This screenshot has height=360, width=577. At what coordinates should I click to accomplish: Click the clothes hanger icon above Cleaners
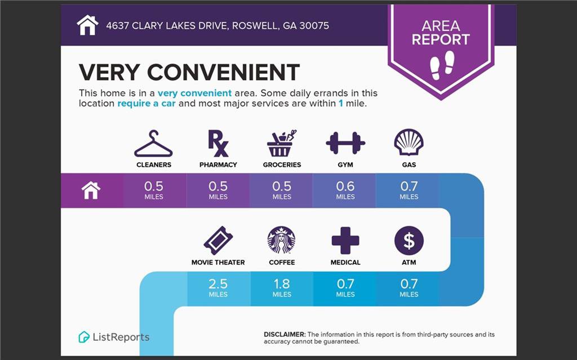[x=153, y=147]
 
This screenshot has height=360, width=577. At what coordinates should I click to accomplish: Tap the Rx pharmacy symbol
[x=218, y=143]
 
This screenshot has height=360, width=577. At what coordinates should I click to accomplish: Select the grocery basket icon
[x=282, y=143]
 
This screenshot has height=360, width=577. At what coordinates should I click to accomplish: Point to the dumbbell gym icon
[x=345, y=143]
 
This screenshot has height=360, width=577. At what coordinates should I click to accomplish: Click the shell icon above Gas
[x=409, y=143]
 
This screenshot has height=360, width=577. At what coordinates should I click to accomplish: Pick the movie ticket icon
[x=218, y=241]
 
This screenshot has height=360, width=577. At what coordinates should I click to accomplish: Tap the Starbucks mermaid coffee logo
[x=282, y=240]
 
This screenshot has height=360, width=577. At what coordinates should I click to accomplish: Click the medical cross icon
[x=345, y=241]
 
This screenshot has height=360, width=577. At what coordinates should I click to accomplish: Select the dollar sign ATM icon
[x=409, y=241]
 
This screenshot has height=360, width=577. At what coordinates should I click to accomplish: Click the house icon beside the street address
[x=87, y=25]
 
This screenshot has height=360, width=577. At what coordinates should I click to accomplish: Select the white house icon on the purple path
[x=91, y=190]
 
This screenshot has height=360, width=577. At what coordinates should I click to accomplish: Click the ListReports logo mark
[x=84, y=337]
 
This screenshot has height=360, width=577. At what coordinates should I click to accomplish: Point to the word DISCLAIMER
[x=285, y=335]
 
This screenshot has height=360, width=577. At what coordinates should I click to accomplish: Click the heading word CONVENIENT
[x=223, y=72]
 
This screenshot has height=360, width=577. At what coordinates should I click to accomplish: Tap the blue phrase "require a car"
[x=147, y=104]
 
